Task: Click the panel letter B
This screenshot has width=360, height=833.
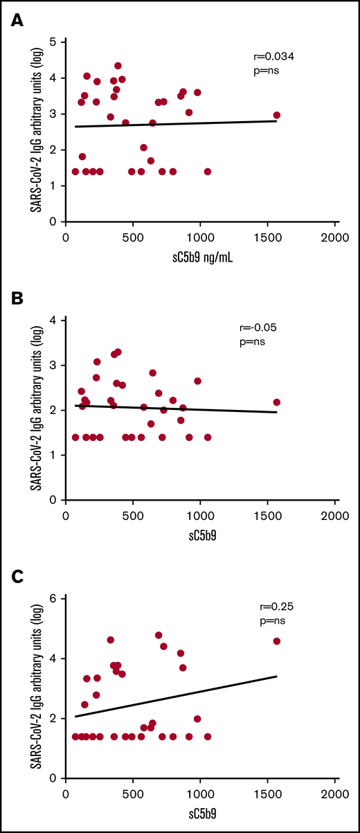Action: pyautogui.click(x=15, y=301)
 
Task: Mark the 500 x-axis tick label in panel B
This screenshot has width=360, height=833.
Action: pyautogui.click(x=132, y=514)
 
